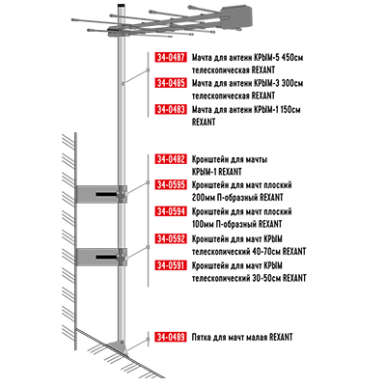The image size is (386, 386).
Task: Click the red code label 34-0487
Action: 170,57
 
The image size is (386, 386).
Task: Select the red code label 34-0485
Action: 170,83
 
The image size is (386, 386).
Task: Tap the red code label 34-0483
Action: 170,110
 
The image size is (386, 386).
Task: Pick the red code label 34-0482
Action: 170,159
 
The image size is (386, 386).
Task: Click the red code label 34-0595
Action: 170,185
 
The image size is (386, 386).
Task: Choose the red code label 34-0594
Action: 170,211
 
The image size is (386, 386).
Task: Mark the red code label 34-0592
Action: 170,239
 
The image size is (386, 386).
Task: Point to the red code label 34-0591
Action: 170,265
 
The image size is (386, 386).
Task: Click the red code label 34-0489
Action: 170,337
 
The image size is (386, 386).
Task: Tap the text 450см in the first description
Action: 292,58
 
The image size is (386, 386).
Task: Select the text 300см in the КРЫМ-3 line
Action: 292,83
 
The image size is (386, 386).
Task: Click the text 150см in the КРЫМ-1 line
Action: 289,110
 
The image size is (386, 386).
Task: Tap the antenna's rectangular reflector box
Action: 236,16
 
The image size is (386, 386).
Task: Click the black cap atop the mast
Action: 121,6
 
